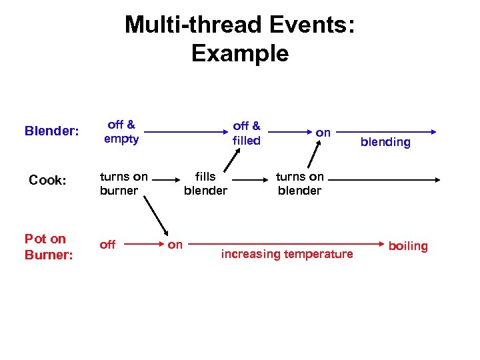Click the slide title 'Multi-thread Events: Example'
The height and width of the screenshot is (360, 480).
click(x=240, y=39)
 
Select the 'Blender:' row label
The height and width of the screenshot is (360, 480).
click(x=51, y=131)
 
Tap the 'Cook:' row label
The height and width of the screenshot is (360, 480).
click(x=47, y=180)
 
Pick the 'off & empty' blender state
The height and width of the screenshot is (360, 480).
click(x=121, y=131)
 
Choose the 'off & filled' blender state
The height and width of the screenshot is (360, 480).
click(x=246, y=132)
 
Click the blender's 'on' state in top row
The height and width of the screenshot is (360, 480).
click(x=323, y=133)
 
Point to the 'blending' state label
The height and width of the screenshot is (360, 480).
click(x=385, y=141)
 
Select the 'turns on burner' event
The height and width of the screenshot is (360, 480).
click(x=123, y=183)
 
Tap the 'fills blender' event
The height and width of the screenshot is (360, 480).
click(x=205, y=183)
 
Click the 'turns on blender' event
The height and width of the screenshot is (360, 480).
click(x=299, y=183)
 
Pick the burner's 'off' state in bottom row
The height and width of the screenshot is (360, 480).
click(x=107, y=245)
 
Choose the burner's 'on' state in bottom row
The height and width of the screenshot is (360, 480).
click(x=175, y=245)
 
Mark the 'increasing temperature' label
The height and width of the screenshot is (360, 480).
click(x=287, y=254)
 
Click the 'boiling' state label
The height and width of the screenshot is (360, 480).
click(x=408, y=246)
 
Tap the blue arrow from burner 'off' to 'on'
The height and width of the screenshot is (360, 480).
click(x=141, y=245)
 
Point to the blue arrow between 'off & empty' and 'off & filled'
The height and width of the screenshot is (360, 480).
click(x=187, y=132)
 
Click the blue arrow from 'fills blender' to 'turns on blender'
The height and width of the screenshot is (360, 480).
click(x=250, y=179)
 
